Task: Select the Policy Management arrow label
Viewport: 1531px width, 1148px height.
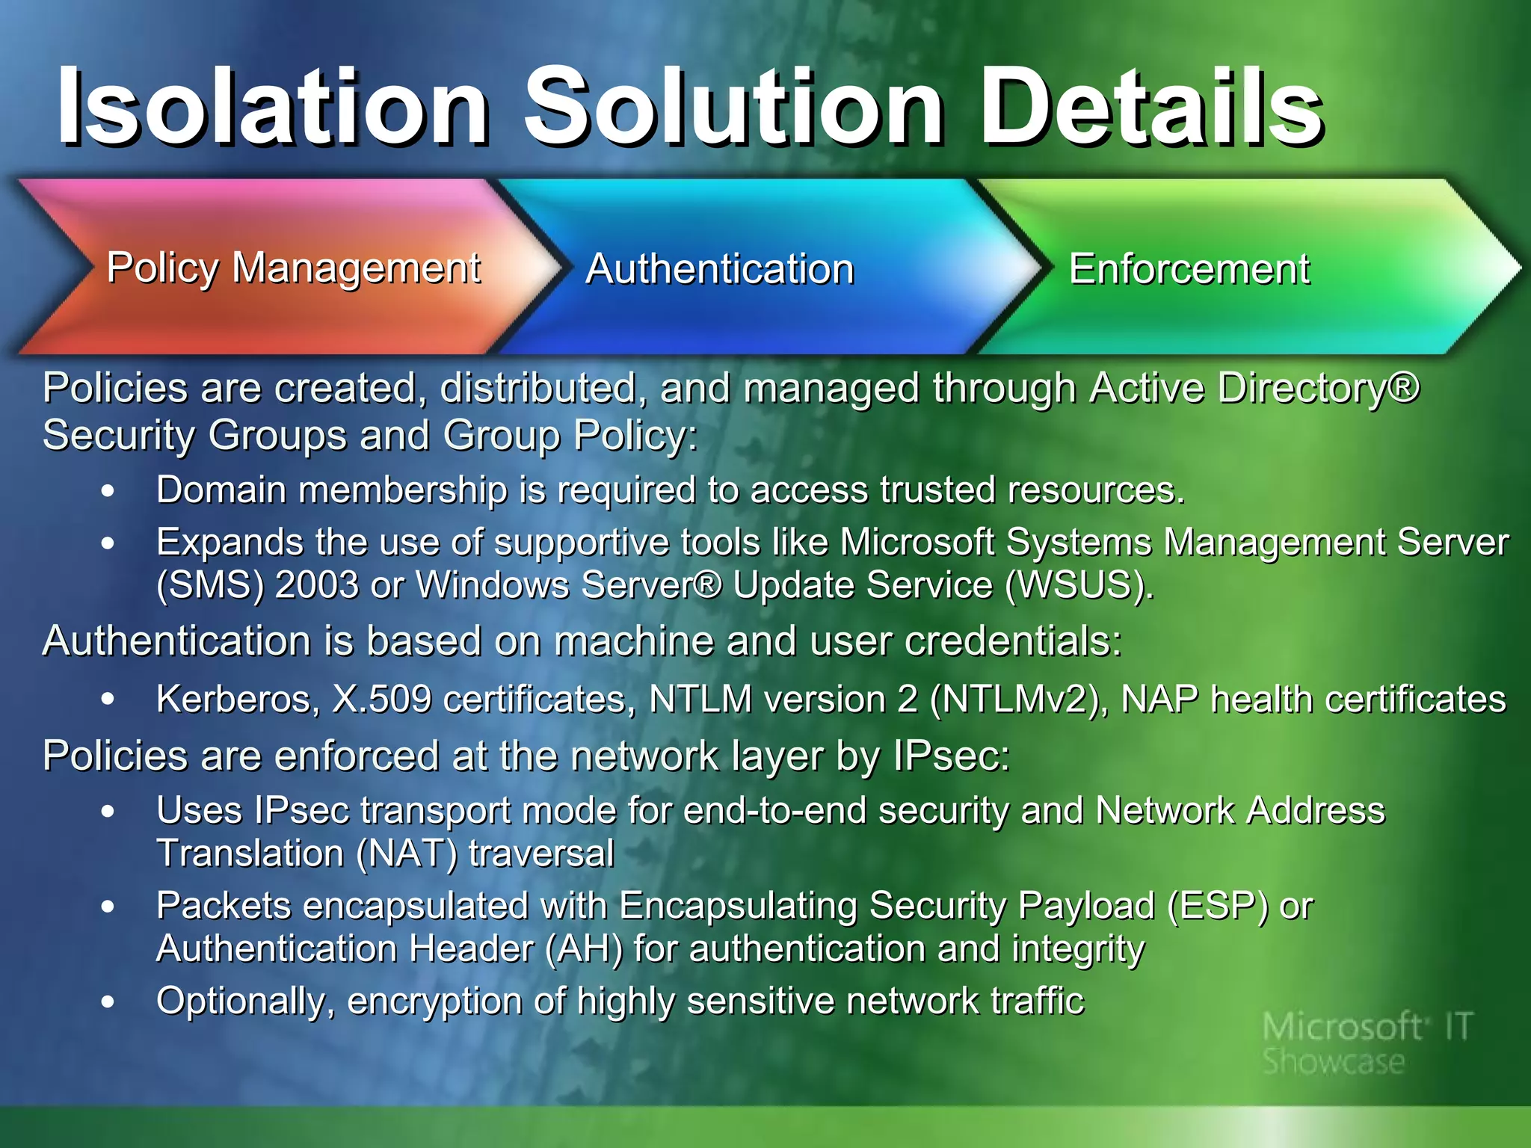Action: pos(294,268)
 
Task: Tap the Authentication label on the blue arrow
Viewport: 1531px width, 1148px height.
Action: pos(720,269)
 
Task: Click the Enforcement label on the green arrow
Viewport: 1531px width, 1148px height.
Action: pos(1189,269)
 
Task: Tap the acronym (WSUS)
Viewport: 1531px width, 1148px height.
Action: pos(1079,585)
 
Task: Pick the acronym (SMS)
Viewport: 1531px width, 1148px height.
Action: pos(210,585)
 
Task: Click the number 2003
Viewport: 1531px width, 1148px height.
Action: pos(317,585)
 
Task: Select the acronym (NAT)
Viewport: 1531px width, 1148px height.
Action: pos(407,854)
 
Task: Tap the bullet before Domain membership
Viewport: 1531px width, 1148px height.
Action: pos(108,491)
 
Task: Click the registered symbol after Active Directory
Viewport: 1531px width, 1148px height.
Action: pos(1406,387)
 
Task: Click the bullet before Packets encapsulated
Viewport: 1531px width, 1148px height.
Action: pos(108,907)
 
